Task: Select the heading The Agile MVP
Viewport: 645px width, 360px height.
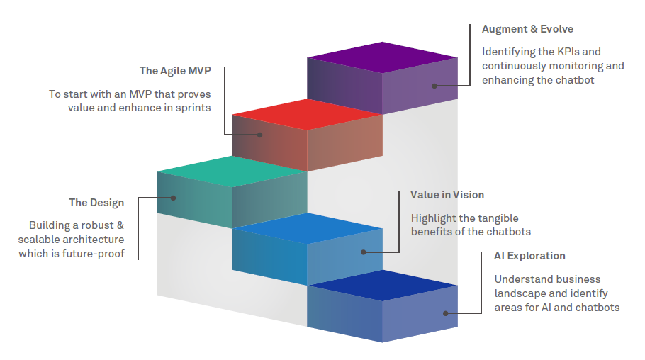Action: pos(175,71)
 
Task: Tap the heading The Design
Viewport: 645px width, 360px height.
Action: pos(96,203)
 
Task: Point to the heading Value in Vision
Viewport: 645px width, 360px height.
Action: pos(447,194)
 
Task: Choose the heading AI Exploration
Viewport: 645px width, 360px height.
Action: pos(529,256)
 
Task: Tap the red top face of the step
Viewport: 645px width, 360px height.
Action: pos(307,114)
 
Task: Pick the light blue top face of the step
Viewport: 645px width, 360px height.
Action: pos(307,227)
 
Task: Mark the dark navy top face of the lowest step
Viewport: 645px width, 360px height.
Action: pos(382,285)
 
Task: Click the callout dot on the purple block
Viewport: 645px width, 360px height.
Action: pos(434,86)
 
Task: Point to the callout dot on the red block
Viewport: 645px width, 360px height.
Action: pos(260,134)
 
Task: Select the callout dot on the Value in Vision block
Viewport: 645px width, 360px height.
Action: pos(363,252)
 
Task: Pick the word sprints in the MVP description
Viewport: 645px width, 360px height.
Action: pos(190,108)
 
